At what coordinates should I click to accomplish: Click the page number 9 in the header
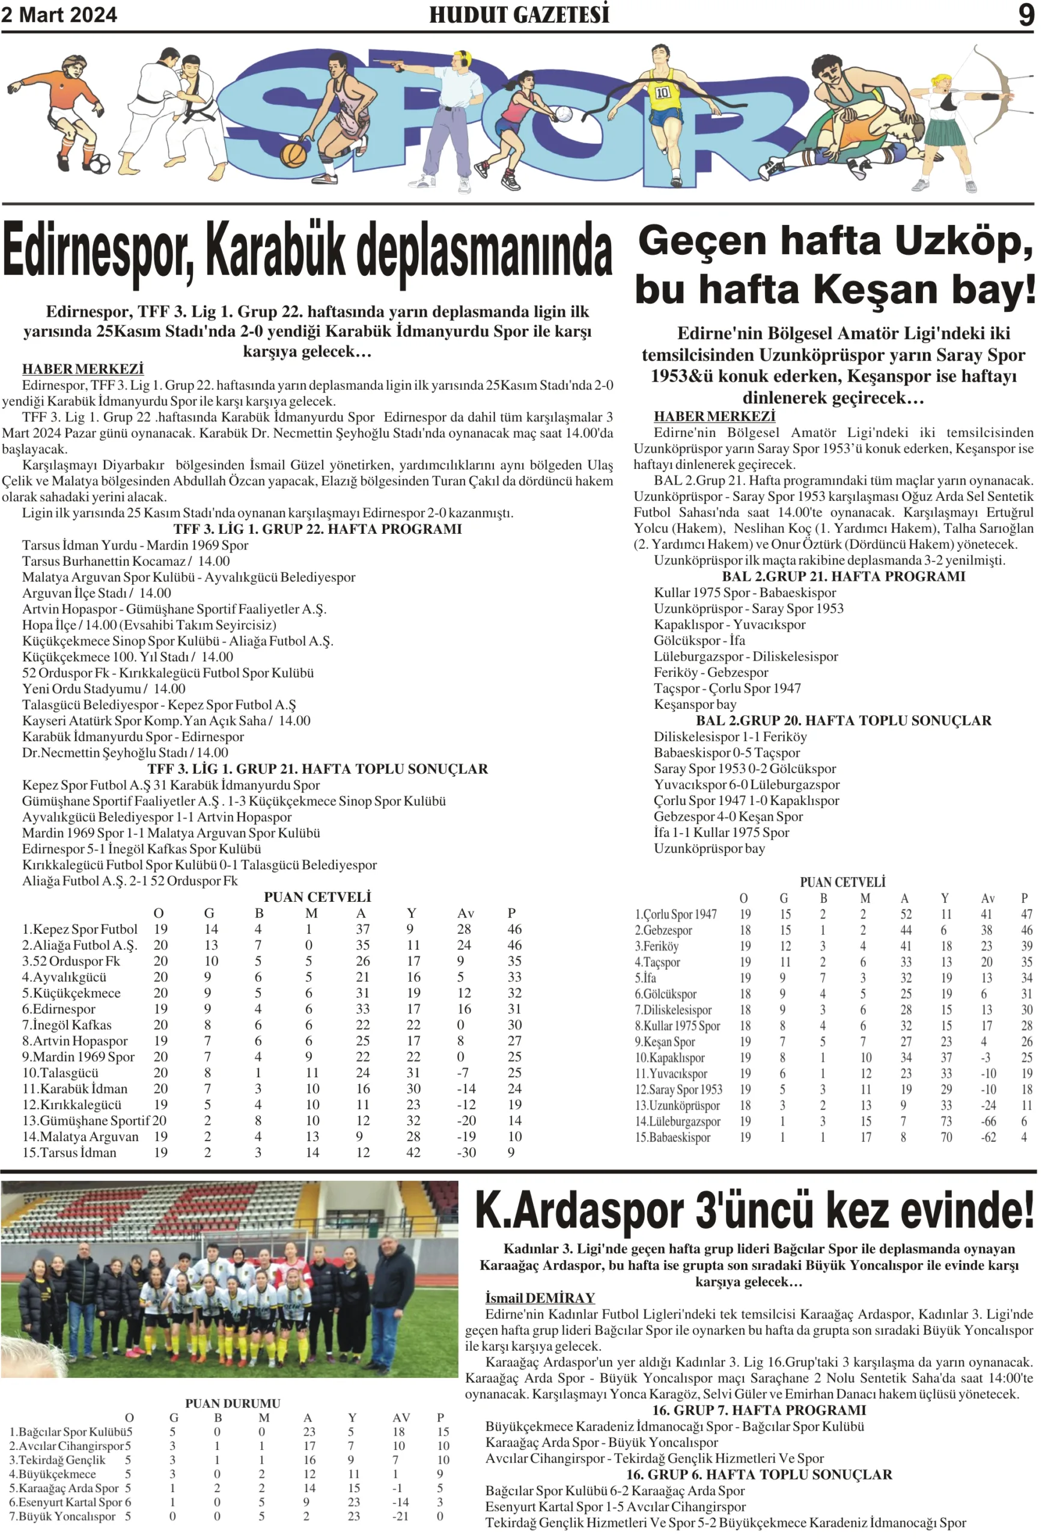tap(1026, 14)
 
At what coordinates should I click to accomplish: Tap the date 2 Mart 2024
tap(59, 14)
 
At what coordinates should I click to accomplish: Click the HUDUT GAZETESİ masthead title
tap(519, 14)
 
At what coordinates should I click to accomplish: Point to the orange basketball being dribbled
tap(293, 155)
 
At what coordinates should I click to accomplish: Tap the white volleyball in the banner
tap(564, 114)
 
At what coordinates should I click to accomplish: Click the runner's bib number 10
tap(662, 93)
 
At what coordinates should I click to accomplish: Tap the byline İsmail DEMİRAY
tap(540, 1297)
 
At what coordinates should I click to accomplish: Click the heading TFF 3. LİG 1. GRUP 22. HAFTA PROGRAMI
tap(317, 529)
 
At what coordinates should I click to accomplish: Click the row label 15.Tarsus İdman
tap(70, 1152)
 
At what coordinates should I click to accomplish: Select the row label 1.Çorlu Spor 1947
tap(675, 914)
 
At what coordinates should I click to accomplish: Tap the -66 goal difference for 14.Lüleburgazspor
tap(988, 1121)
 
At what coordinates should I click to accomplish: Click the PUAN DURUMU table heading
tap(233, 1403)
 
